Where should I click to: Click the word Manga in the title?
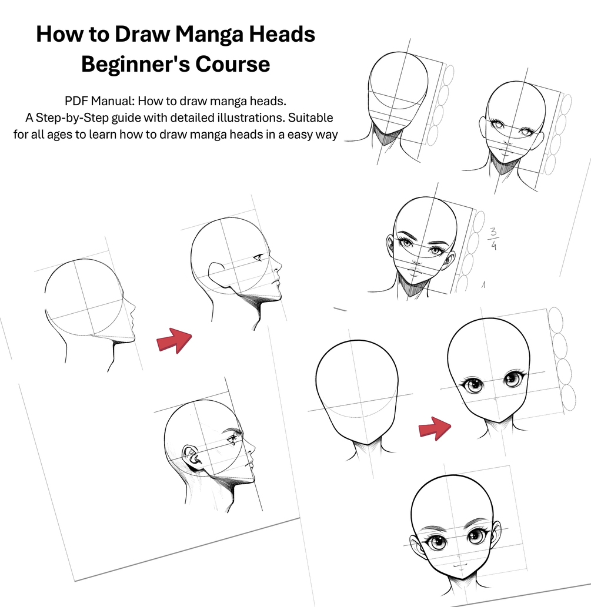[x=209, y=35]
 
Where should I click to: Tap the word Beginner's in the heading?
[x=135, y=64]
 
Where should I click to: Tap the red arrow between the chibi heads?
[x=435, y=428]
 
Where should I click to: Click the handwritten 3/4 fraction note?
[x=493, y=239]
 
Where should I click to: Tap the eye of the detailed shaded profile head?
[x=233, y=439]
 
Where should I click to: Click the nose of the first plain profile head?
[x=132, y=308]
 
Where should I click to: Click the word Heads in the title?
[x=282, y=34]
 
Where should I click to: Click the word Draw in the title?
[x=142, y=34]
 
